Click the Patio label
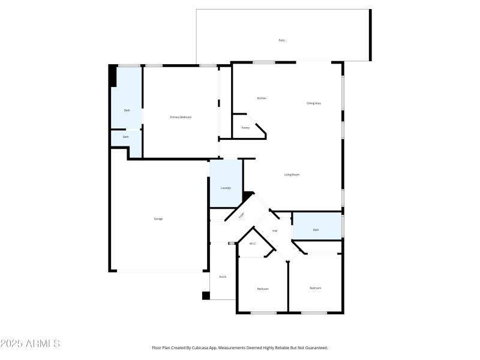click(x=281, y=40)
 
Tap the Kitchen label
click(x=262, y=98)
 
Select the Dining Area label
click(x=314, y=103)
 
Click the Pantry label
click(x=245, y=128)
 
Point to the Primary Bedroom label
click(x=181, y=117)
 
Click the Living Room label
click(x=292, y=175)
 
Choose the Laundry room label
click(x=226, y=188)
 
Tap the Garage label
click(x=158, y=219)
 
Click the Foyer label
click(x=242, y=215)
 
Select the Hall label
click(x=275, y=230)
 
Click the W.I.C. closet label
click(x=253, y=244)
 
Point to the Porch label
click(x=223, y=277)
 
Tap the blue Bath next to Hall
click(x=316, y=230)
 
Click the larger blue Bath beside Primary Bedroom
click(x=127, y=110)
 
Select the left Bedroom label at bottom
click(x=263, y=289)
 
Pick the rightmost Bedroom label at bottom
click(x=315, y=288)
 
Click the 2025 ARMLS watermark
click(x=30, y=344)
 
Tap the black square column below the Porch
click(x=206, y=295)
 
